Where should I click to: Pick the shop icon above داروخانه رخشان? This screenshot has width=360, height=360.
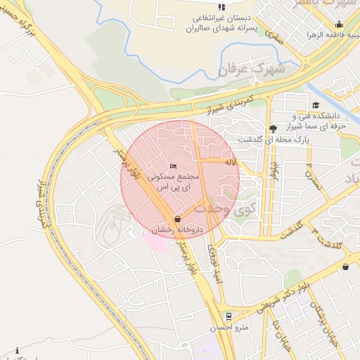coord(176,219)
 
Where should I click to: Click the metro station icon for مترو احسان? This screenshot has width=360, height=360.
coord(228,316)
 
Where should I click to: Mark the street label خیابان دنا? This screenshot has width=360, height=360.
coord(284,333)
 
